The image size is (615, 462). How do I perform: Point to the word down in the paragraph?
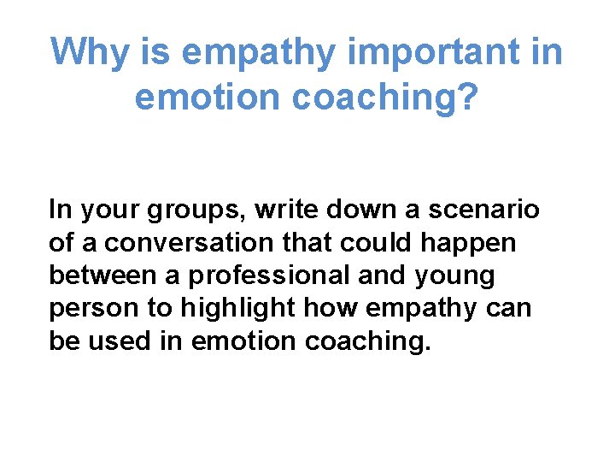pos(361,210)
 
